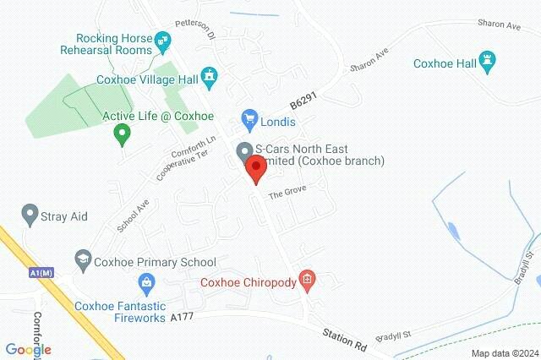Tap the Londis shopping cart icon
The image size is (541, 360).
(x=249, y=117)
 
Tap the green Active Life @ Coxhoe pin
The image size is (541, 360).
(x=122, y=134)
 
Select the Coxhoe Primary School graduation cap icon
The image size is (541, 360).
(x=83, y=261)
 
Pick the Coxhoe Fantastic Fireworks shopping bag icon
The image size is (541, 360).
(x=146, y=281)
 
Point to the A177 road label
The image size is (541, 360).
(x=183, y=318)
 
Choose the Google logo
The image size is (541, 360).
(x=29, y=349)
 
